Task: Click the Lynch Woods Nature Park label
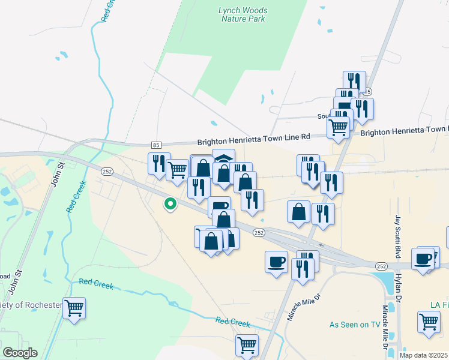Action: pos(244,14)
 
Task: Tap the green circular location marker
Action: pos(170,205)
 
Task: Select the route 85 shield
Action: pos(156,145)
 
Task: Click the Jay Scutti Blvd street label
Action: pos(397,237)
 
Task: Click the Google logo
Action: pos(20,353)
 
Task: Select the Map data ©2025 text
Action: pos(424,355)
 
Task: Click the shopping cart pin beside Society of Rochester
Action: pos(74,308)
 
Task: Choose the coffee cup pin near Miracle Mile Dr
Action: pos(276,262)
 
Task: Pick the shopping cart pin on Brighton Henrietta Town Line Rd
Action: pos(339,127)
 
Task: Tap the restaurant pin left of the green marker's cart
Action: pos(158,163)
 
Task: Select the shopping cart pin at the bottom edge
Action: pos(247,345)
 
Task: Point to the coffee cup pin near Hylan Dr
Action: pos(423,259)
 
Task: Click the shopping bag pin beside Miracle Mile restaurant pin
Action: pos(298,211)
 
